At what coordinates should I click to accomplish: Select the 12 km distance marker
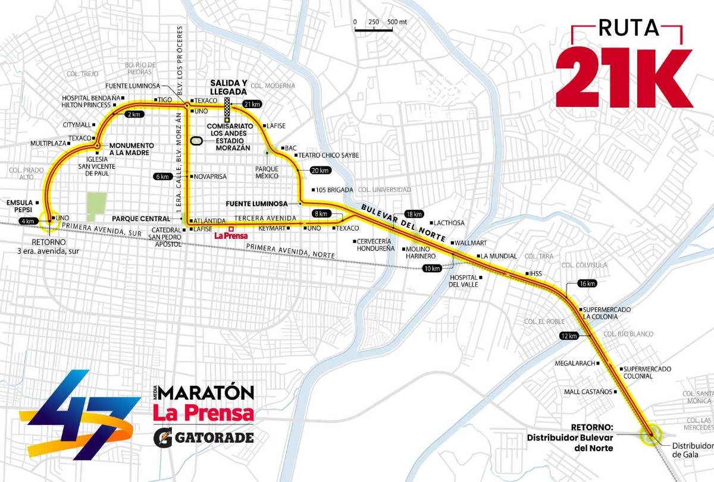pyautogui.click(x=568, y=336)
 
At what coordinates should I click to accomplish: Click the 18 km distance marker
pyautogui.click(x=414, y=214)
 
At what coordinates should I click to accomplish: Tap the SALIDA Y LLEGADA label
pyautogui.click(x=228, y=87)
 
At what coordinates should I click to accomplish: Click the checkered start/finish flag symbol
pyautogui.click(x=227, y=108)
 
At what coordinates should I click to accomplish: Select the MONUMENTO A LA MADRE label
pyautogui.click(x=131, y=149)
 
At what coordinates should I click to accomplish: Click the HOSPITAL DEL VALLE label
pyautogui.click(x=464, y=281)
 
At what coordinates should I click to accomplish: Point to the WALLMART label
pyautogui.click(x=471, y=243)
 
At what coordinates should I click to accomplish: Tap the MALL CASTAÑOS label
pyautogui.click(x=589, y=392)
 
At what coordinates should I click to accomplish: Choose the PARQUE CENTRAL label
pyautogui.click(x=149, y=219)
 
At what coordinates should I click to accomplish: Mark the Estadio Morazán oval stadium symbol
pyautogui.click(x=196, y=141)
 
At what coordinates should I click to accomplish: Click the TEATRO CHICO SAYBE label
pyautogui.click(x=328, y=155)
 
